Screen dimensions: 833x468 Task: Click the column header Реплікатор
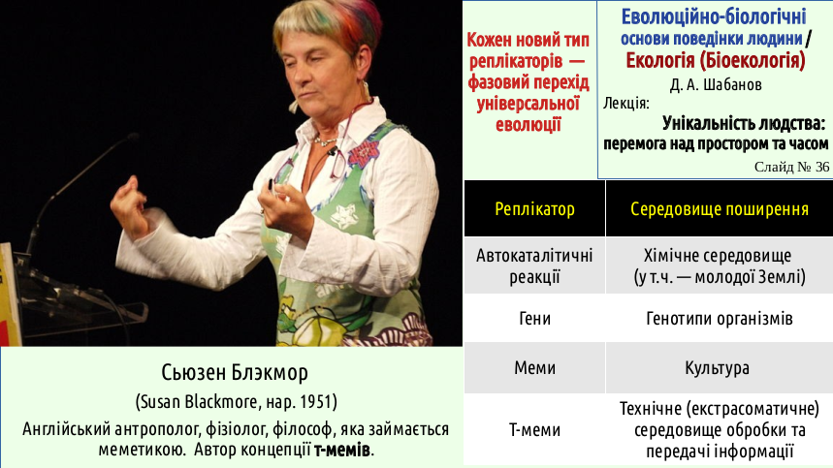click(534, 209)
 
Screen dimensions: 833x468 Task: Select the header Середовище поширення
click(720, 209)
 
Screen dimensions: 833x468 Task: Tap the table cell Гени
click(534, 319)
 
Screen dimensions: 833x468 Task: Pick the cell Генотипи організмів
click(720, 319)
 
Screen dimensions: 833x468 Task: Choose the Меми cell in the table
click(534, 368)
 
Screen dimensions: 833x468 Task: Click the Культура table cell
click(718, 368)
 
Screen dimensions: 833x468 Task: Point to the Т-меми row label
click(534, 430)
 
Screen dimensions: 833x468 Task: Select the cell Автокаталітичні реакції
click(534, 266)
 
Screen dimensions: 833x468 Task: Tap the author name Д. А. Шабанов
click(716, 85)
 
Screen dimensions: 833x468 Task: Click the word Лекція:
click(625, 103)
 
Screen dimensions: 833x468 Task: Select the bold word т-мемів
click(342, 450)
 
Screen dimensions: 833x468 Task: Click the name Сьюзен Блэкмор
click(235, 372)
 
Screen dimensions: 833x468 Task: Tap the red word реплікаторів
click(515, 62)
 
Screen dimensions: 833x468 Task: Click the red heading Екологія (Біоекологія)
click(716, 61)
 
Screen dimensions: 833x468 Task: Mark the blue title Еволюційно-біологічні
click(714, 17)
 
